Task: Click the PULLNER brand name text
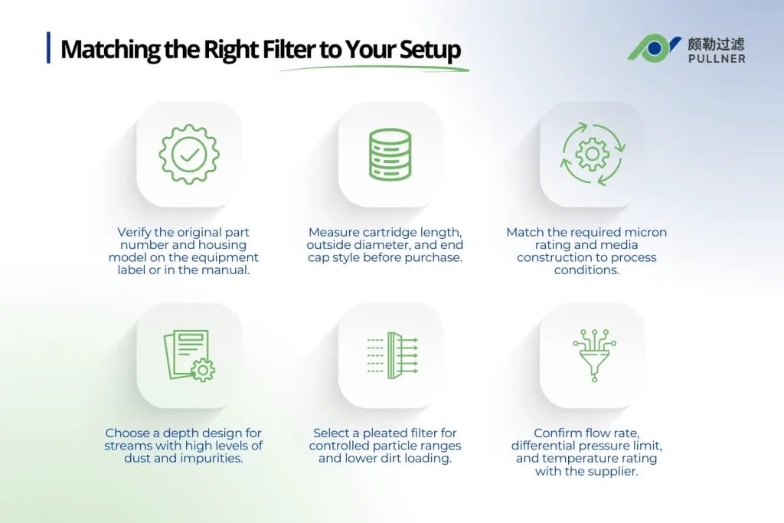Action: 716,58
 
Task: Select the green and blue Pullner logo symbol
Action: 654,48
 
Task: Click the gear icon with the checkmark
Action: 188,155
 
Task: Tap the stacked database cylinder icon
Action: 390,155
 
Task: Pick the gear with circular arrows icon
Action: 593,155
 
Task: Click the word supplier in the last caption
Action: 612,472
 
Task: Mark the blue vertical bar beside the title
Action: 49,47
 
